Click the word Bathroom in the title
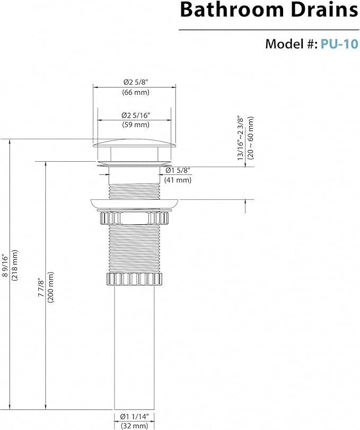click(232, 10)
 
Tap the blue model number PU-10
click(339, 44)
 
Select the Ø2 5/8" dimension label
click(135, 82)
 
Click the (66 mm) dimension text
click(136, 92)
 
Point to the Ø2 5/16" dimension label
click(136, 115)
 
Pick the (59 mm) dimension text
click(136, 125)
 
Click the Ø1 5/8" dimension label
click(178, 170)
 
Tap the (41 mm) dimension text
click(178, 180)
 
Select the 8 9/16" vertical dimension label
click(5, 265)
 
